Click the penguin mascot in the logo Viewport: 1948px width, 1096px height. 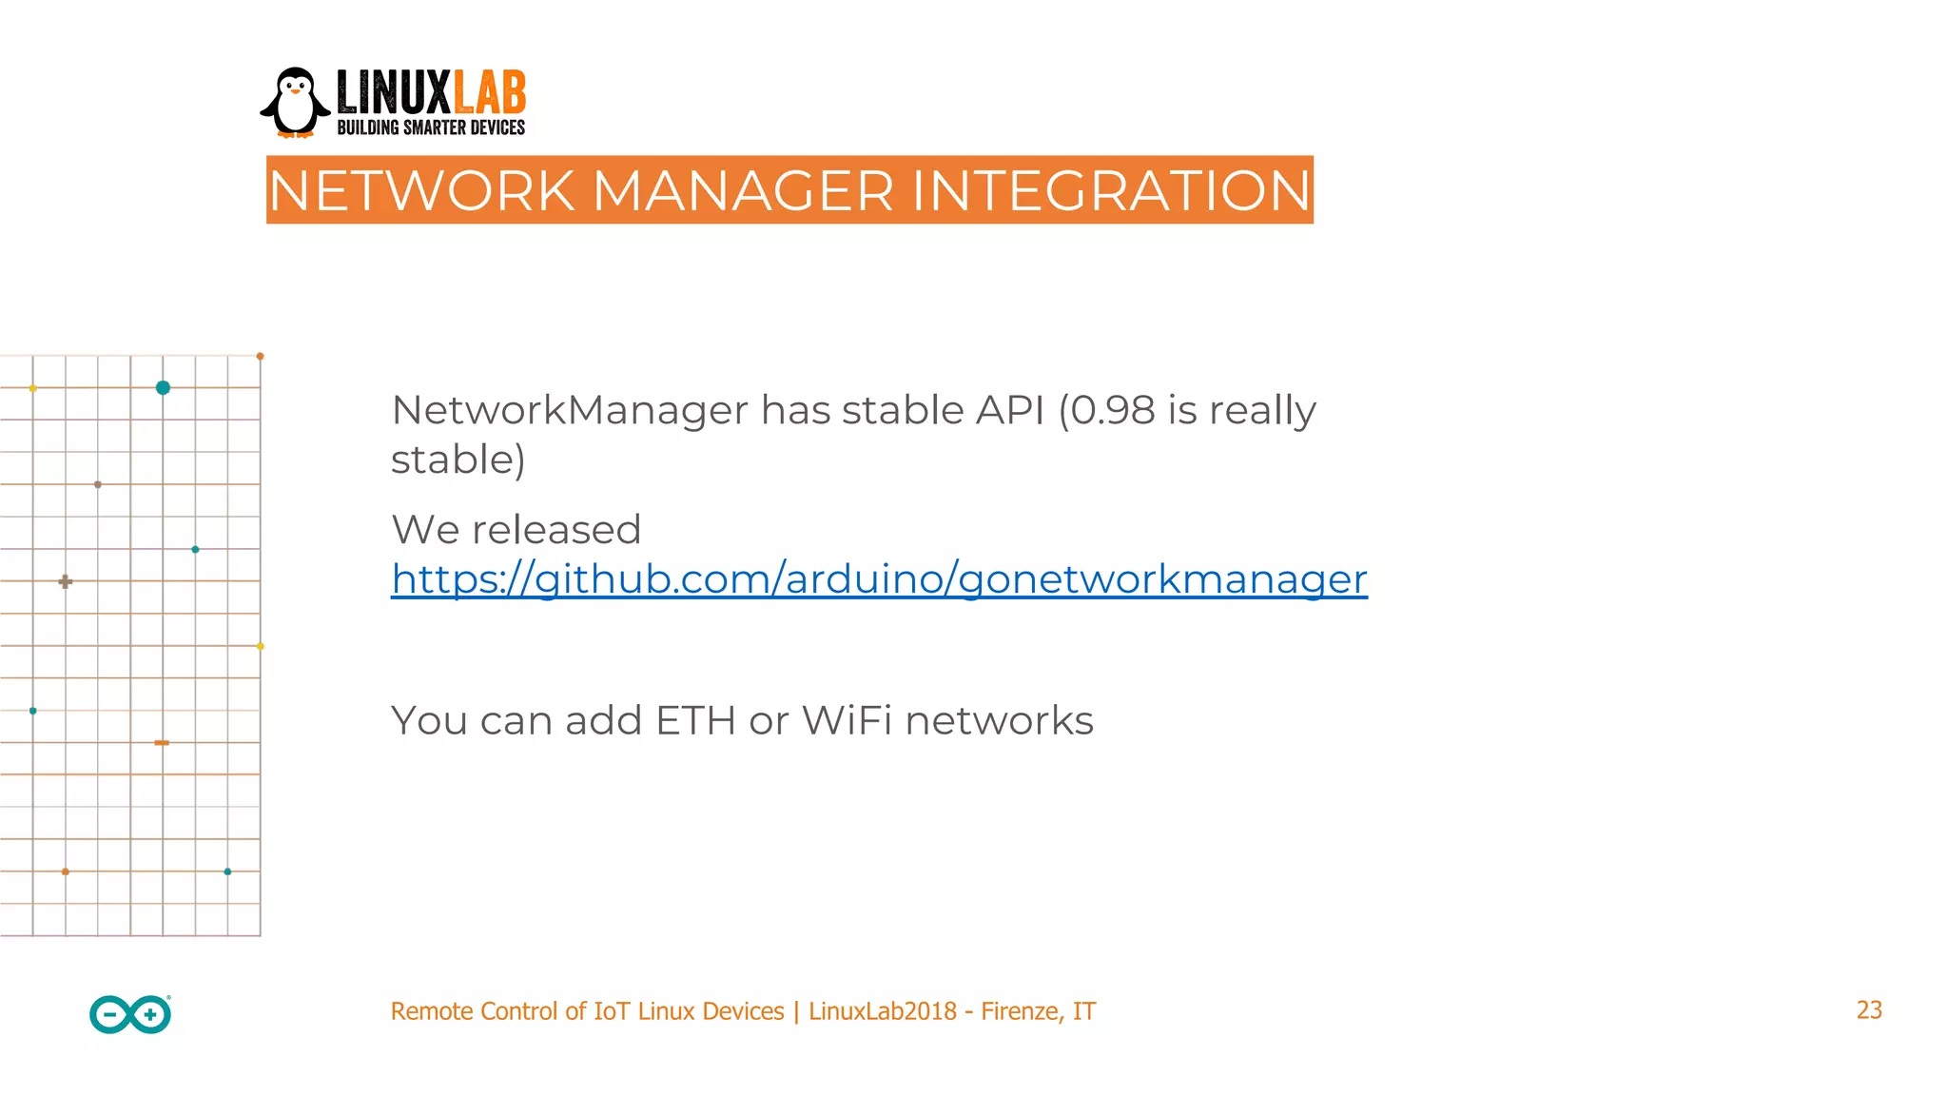[x=295, y=103]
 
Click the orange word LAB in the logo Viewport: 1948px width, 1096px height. [x=490, y=93]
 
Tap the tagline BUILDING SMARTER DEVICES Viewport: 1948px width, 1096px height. [x=431, y=127]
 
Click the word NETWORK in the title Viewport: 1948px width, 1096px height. [x=422, y=190]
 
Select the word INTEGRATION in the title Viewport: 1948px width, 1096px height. [x=1111, y=190]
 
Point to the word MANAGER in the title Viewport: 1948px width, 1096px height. [x=743, y=190]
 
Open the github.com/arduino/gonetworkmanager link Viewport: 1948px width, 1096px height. [x=879, y=578]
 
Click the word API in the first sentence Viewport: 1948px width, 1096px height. [x=1010, y=410]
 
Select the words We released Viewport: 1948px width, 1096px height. [x=516, y=530]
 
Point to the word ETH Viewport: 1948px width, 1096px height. [x=695, y=720]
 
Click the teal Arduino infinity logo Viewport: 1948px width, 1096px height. [x=130, y=1014]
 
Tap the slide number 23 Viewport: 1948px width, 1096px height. [x=1868, y=1010]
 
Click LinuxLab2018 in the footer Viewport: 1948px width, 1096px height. [x=882, y=1011]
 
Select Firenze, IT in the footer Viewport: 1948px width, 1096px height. [x=1038, y=1011]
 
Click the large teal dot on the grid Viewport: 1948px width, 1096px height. [x=163, y=387]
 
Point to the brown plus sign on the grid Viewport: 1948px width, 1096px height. [x=65, y=581]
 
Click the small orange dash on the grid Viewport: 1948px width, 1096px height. [x=162, y=742]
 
